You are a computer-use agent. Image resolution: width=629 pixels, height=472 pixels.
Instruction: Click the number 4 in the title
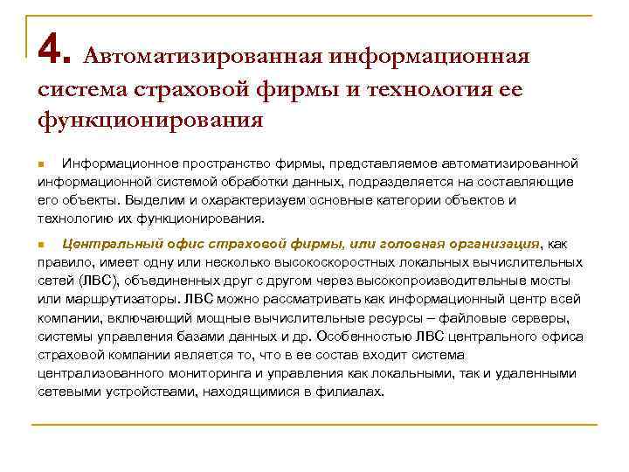(x=52, y=52)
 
